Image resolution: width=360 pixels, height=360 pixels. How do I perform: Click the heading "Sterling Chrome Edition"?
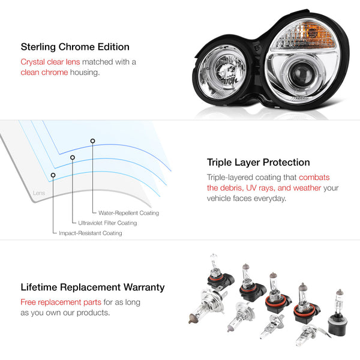click(75, 47)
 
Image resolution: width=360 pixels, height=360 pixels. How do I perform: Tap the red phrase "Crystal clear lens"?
click(50, 62)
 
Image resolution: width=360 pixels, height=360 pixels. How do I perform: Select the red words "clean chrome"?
click(44, 73)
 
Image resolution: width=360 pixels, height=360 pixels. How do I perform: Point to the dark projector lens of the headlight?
click(300, 73)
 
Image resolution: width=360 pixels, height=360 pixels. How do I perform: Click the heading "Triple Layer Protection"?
click(258, 163)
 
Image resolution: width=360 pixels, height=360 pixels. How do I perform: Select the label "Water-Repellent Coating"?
click(128, 213)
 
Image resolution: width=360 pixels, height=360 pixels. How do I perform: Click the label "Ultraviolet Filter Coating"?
click(107, 223)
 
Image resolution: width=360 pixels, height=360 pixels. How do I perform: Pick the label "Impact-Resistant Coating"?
click(91, 233)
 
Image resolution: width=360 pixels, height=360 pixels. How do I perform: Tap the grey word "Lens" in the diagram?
click(39, 193)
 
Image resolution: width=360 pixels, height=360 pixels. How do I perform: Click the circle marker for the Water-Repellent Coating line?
click(92, 141)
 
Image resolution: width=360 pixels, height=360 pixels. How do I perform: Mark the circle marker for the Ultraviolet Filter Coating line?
click(73, 157)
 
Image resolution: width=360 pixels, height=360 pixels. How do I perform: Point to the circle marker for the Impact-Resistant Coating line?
click(53, 175)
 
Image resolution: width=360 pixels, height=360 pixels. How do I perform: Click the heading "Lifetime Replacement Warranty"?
click(92, 287)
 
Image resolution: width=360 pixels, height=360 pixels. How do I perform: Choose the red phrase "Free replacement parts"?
click(61, 302)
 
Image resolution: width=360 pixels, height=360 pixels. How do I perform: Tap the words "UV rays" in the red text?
click(260, 188)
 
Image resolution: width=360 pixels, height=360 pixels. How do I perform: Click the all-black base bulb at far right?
click(338, 314)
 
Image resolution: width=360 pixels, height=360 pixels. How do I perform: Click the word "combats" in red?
click(314, 178)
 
